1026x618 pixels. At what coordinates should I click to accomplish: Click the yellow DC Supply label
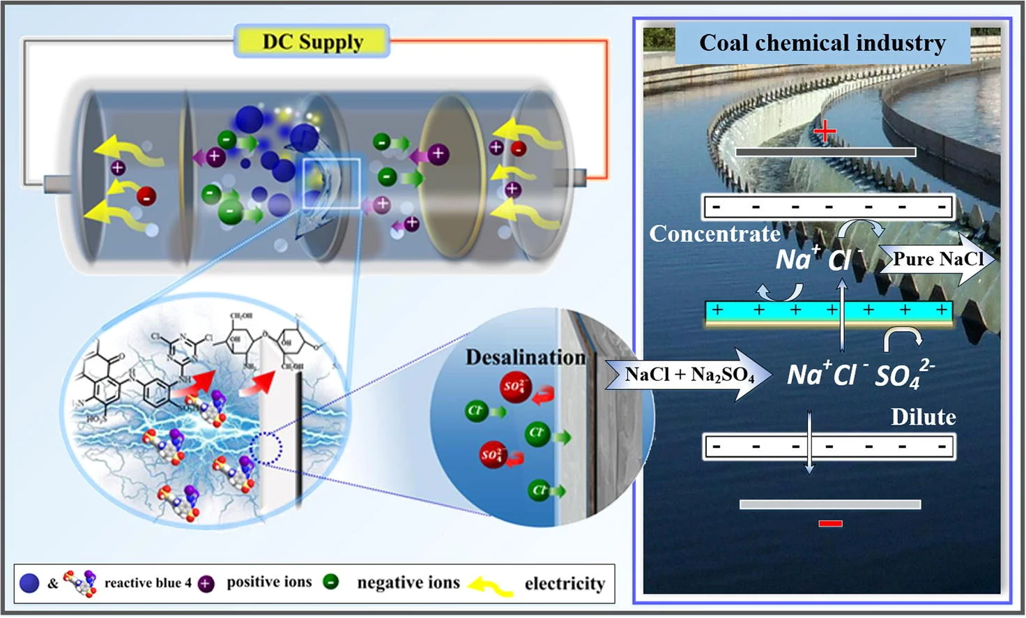pos(312,41)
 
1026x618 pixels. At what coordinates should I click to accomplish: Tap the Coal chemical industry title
pos(822,43)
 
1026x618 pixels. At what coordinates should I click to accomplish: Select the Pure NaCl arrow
pos(937,259)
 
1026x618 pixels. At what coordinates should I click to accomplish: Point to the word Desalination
pos(525,357)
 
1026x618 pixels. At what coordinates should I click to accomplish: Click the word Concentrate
pos(714,234)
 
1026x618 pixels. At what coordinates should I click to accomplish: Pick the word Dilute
pos(923,417)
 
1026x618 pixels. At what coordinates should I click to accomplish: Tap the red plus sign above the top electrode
pos(825,131)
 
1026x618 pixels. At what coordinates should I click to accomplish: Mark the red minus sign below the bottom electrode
pos(830,523)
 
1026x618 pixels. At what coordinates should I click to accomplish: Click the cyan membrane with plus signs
pos(829,310)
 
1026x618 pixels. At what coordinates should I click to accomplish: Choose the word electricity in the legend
pos(565,583)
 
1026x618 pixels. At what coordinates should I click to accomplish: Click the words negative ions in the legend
pos(408,582)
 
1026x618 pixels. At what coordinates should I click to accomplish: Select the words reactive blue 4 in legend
pos(148,583)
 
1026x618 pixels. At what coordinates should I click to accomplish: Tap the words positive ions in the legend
pos(269,582)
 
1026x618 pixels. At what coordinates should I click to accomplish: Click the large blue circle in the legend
pos(29,583)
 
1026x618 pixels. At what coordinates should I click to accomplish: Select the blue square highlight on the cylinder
pos(332,183)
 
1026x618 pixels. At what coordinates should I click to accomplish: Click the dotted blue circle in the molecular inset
pos(265,448)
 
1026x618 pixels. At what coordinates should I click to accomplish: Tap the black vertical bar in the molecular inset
pos(300,439)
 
